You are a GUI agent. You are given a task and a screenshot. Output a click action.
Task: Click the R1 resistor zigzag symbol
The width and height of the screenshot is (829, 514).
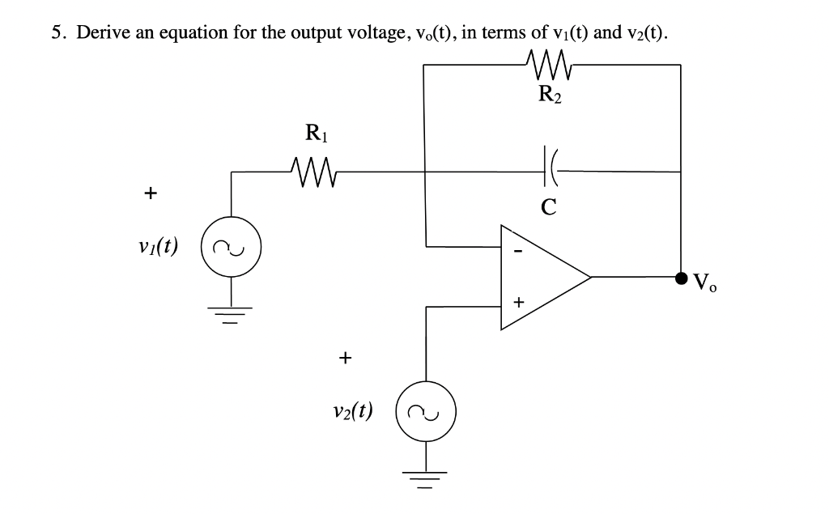pos(305,170)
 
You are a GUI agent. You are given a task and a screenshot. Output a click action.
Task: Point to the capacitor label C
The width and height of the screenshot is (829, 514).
pos(548,207)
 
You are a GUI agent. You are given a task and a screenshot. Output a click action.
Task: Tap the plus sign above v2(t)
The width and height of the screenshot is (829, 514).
pos(346,356)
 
